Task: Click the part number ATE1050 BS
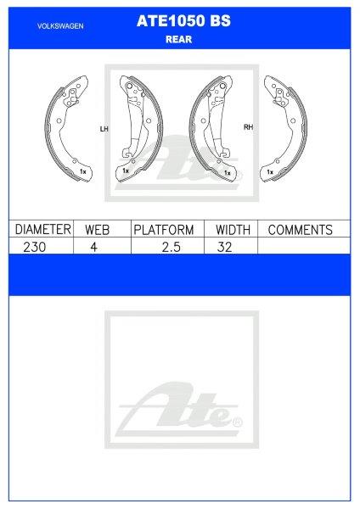179,25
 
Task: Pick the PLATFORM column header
164,230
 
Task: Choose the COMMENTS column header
300,230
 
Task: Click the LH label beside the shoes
104,129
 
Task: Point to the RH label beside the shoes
249,128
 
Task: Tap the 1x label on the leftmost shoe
82,172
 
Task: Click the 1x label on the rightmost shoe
269,172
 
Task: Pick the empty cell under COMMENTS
300,246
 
